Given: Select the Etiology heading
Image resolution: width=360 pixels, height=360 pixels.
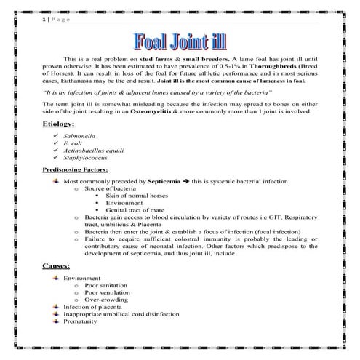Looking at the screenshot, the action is (x=61, y=125).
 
